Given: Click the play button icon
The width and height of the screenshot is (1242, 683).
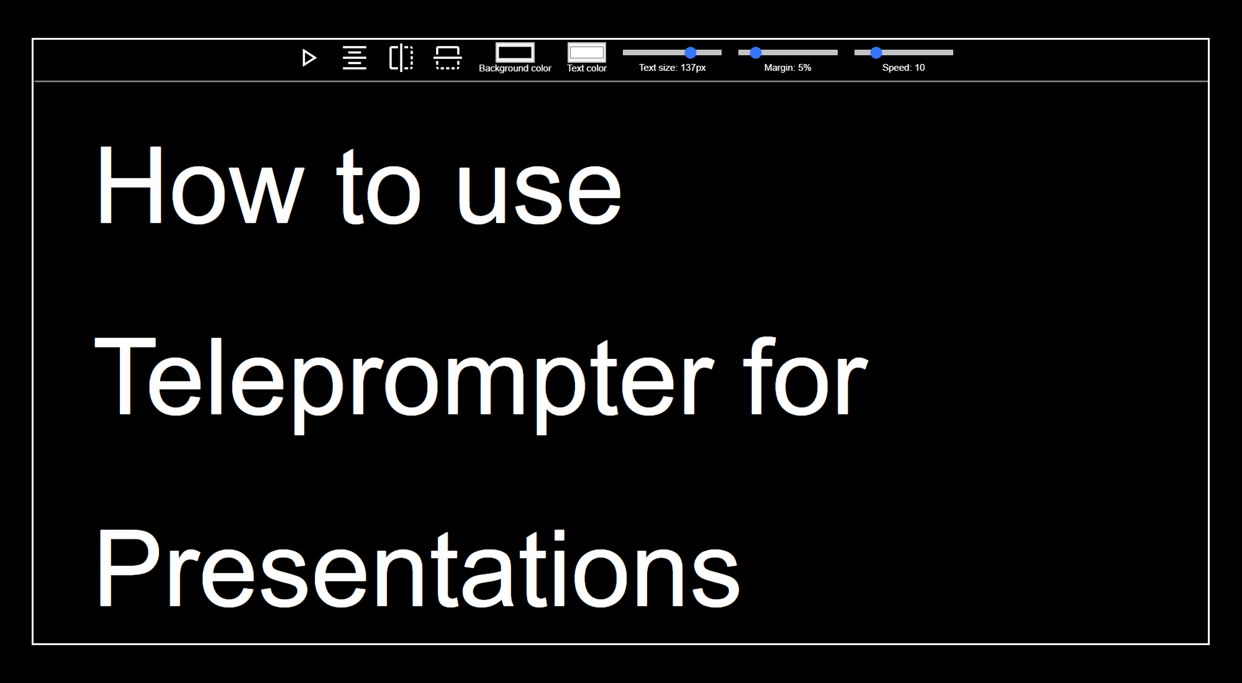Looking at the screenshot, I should (x=309, y=58).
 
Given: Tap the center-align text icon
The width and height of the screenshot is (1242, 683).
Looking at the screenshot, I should (x=355, y=58).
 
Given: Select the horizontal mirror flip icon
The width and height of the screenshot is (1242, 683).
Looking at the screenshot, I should (x=401, y=58).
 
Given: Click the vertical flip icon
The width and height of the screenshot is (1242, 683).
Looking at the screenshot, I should (x=447, y=58).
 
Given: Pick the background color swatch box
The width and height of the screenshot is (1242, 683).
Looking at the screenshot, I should (x=515, y=52).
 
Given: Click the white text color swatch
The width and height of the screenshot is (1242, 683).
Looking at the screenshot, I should (x=586, y=52).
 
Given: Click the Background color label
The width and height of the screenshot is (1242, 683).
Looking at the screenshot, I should (x=515, y=68).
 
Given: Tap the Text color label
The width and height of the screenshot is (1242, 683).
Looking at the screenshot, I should (x=586, y=68).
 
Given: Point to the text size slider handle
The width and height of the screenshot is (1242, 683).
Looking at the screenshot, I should (x=691, y=53).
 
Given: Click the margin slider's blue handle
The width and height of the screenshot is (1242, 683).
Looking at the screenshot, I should (x=756, y=53).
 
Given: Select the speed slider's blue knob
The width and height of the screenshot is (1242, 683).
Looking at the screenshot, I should (x=876, y=53).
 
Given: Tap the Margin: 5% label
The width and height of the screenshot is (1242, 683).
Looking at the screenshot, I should (x=787, y=68).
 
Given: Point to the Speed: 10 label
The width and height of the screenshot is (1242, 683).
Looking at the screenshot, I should (x=903, y=68).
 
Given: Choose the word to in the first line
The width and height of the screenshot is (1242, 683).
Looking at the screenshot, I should (x=379, y=189).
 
